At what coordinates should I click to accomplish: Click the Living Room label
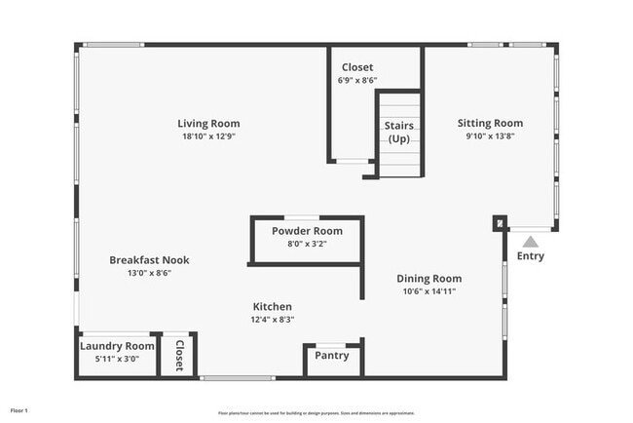click(x=208, y=124)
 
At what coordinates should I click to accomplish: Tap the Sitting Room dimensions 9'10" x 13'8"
click(x=490, y=137)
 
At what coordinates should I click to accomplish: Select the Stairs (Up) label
click(x=399, y=133)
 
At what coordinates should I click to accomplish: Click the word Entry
click(x=531, y=257)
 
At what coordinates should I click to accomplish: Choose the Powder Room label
click(x=307, y=231)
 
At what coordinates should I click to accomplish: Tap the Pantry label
click(x=332, y=356)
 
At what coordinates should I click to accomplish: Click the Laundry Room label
click(x=117, y=346)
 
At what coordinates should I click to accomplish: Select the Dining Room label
click(x=428, y=278)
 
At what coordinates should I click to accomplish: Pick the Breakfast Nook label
click(x=149, y=260)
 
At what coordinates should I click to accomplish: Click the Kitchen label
click(x=273, y=306)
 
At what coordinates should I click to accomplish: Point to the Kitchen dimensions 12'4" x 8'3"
click(x=273, y=320)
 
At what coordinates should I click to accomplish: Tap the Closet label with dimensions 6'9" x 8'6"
click(x=357, y=67)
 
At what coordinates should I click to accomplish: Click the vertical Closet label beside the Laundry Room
click(x=179, y=357)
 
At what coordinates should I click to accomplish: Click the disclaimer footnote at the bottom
click(x=316, y=412)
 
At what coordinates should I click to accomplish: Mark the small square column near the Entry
click(x=500, y=223)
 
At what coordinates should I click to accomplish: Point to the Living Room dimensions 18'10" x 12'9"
click(x=208, y=137)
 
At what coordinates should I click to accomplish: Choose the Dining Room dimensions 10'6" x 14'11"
click(x=428, y=291)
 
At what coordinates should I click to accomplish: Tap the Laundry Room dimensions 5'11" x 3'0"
click(x=117, y=359)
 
